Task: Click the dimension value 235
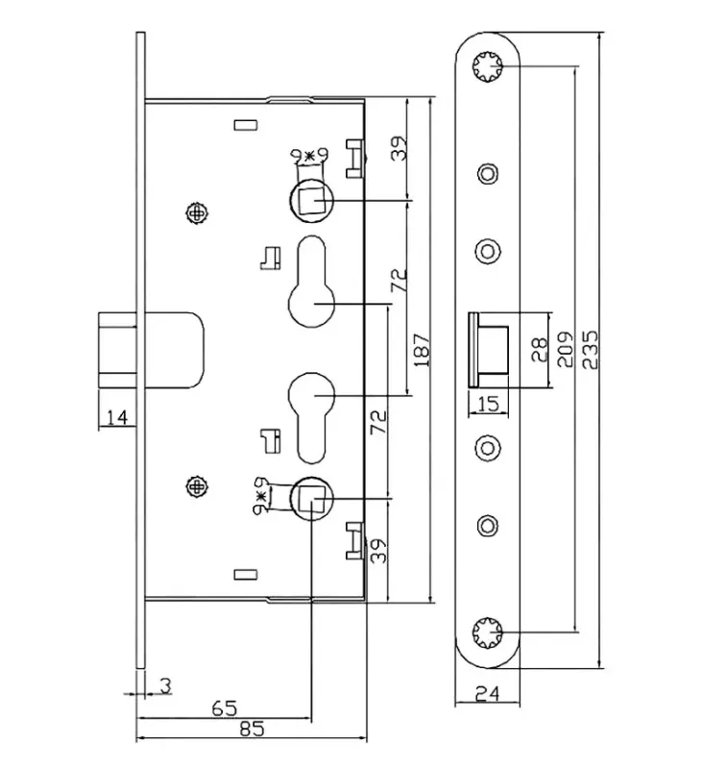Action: (589, 349)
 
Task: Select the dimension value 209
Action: (567, 351)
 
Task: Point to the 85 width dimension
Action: (252, 729)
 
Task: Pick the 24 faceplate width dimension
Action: (487, 691)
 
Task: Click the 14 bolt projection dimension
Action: (117, 415)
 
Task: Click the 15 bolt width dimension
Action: (487, 404)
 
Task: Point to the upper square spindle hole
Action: (310, 200)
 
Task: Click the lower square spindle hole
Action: (310, 497)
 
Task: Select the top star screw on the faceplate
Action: (488, 66)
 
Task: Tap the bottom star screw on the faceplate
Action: (488, 632)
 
